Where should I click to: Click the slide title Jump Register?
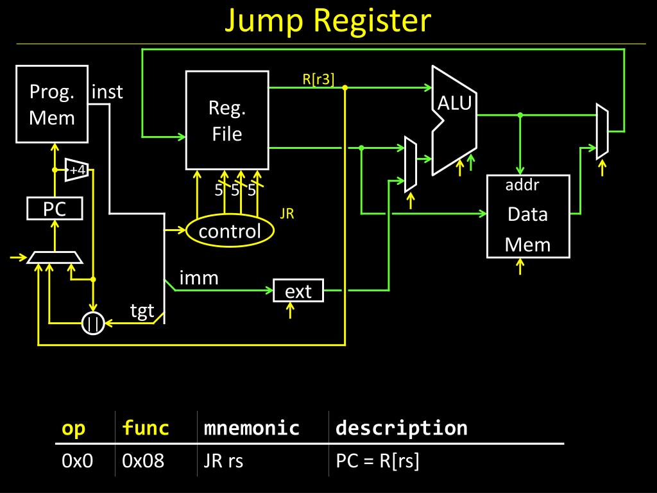click(x=328, y=21)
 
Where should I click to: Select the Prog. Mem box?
click(x=52, y=104)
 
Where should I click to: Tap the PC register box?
click(x=55, y=209)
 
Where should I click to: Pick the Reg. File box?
click(x=227, y=120)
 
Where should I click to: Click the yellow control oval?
click(x=230, y=231)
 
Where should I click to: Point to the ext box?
click(x=298, y=291)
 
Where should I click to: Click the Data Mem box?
click(x=528, y=216)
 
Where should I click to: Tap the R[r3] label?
click(x=318, y=80)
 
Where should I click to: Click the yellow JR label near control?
click(x=287, y=214)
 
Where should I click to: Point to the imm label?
click(x=199, y=278)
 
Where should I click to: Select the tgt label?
click(x=142, y=311)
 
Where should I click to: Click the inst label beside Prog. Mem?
click(x=107, y=92)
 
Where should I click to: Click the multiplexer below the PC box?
click(x=55, y=257)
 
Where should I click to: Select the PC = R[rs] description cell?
click(x=377, y=461)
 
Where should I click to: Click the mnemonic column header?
click(x=252, y=428)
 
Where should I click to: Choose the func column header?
click(x=146, y=428)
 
